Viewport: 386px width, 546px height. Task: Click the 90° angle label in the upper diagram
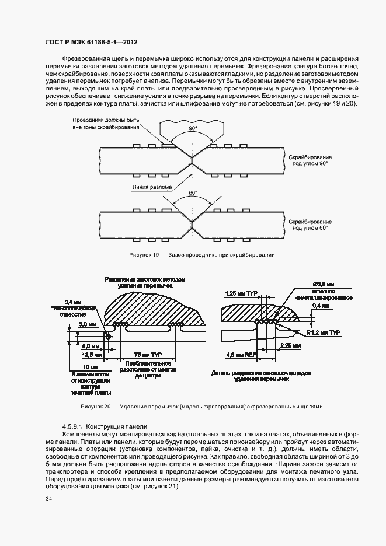193,128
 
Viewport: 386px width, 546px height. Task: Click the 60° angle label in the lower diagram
193,192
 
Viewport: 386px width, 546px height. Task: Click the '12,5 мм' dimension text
82,353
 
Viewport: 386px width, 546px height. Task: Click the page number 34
48,499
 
